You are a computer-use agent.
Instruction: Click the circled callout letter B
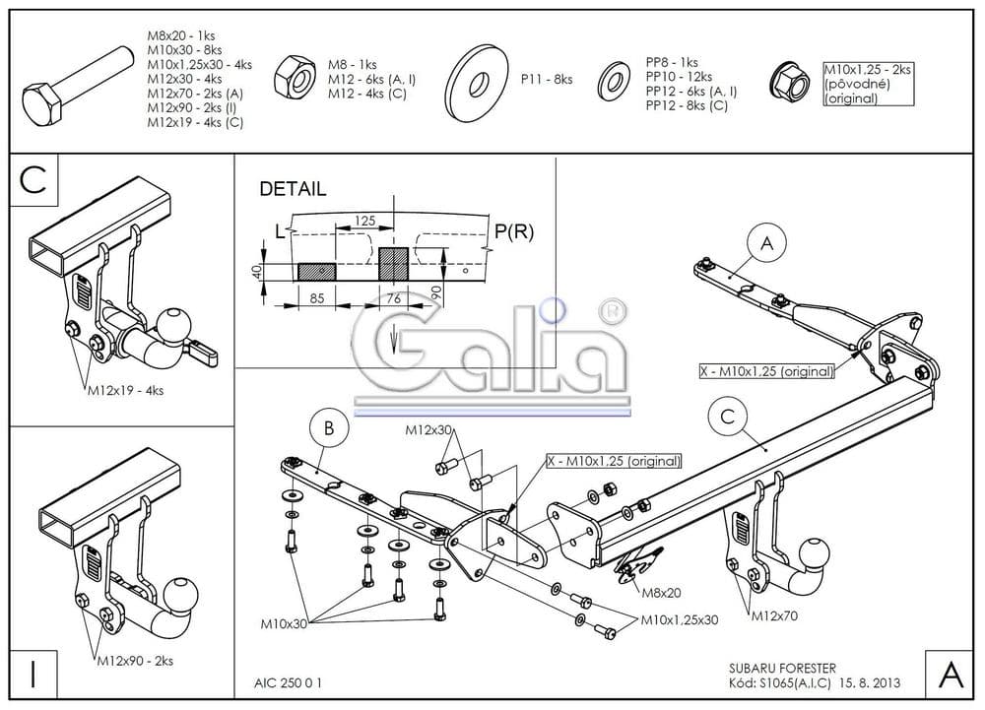click(x=329, y=427)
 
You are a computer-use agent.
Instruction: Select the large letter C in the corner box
click(x=33, y=179)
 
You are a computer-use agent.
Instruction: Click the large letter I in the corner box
click(x=33, y=675)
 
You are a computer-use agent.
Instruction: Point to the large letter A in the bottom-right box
click(x=951, y=675)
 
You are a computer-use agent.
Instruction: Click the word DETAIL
click(x=292, y=189)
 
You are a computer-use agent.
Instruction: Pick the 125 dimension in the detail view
click(x=365, y=222)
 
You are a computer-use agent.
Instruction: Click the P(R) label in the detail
click(x=513, y=231)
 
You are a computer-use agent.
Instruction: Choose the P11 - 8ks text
click(x=547, y=80)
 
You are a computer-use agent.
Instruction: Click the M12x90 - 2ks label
click(x=136, y=660)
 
